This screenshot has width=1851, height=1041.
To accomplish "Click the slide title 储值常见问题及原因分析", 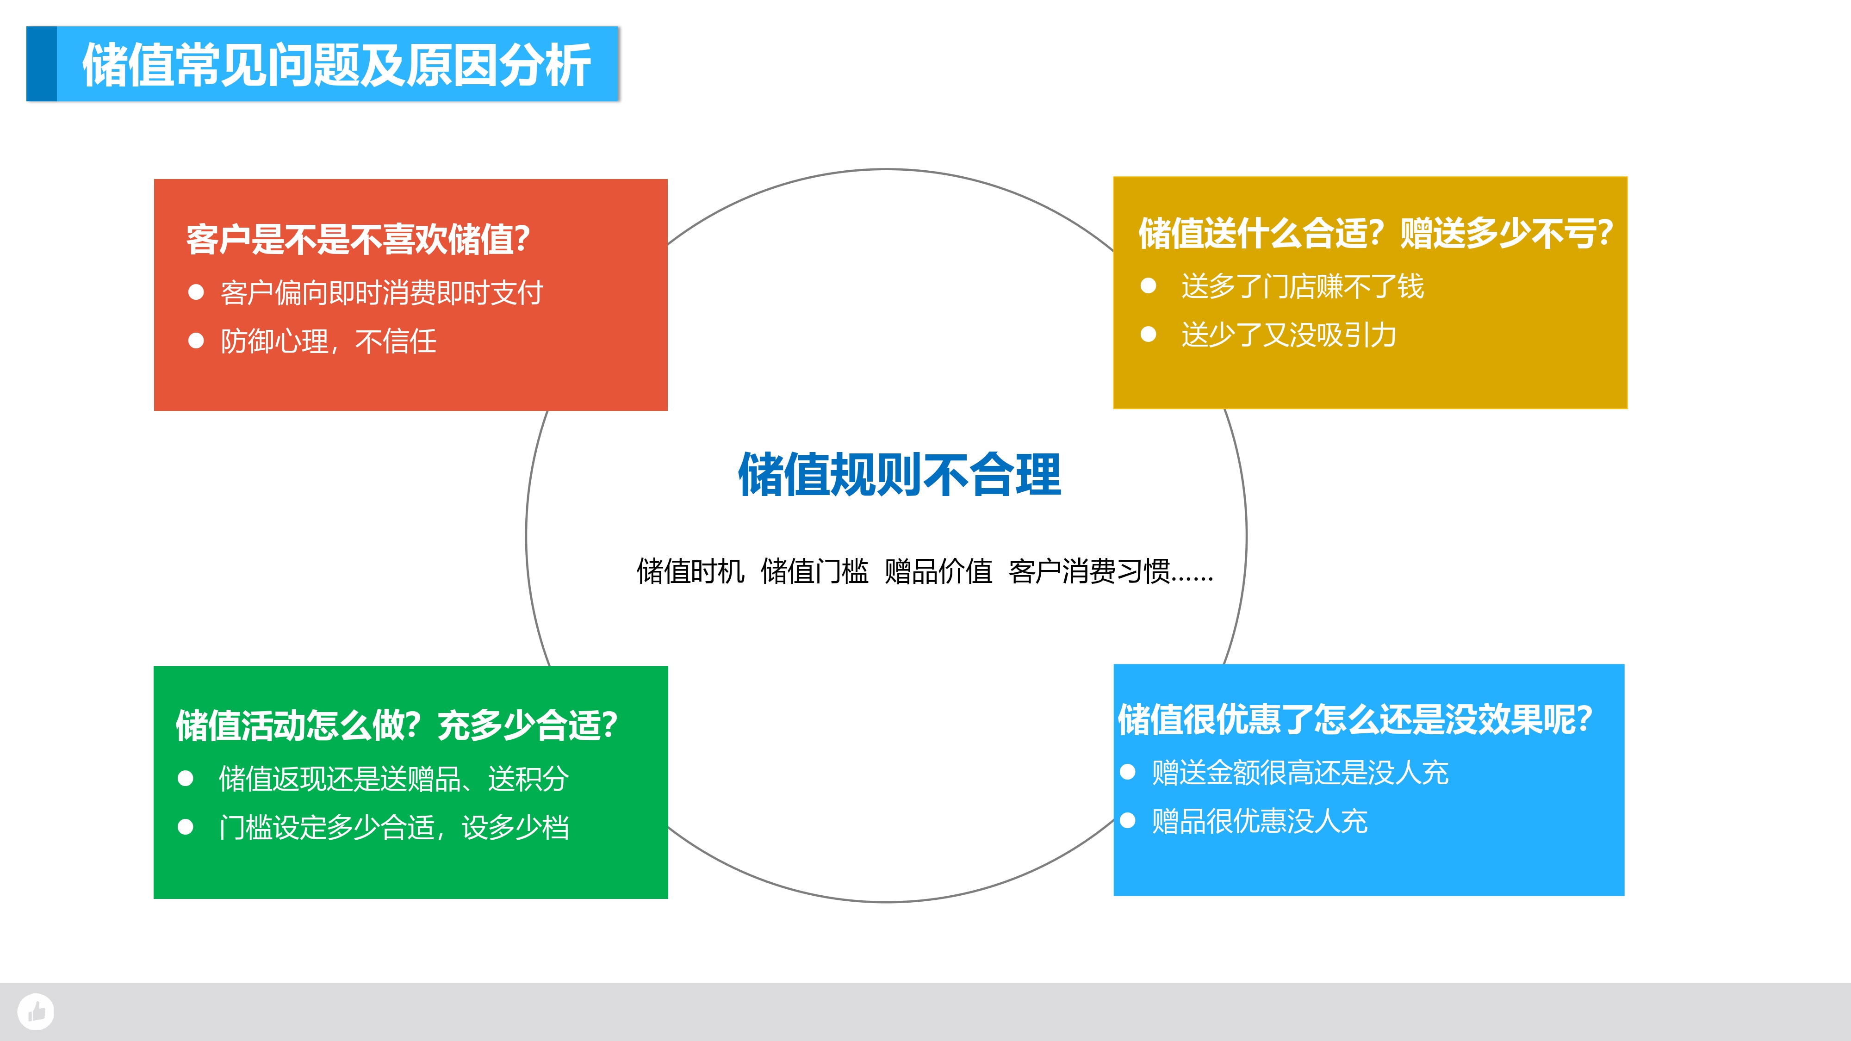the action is (336, 65).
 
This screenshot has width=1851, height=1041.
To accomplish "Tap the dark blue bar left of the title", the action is (42, 64).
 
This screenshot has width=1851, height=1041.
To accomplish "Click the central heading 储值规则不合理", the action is (900, 474).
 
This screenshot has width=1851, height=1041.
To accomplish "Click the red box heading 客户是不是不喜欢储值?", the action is (358, 239).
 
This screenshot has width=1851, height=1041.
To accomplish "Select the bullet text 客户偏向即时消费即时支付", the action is (382, 292).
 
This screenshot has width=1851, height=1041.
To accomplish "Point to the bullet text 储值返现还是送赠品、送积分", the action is (394, 779).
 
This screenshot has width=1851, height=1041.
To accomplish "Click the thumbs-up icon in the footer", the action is (36, 1011).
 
